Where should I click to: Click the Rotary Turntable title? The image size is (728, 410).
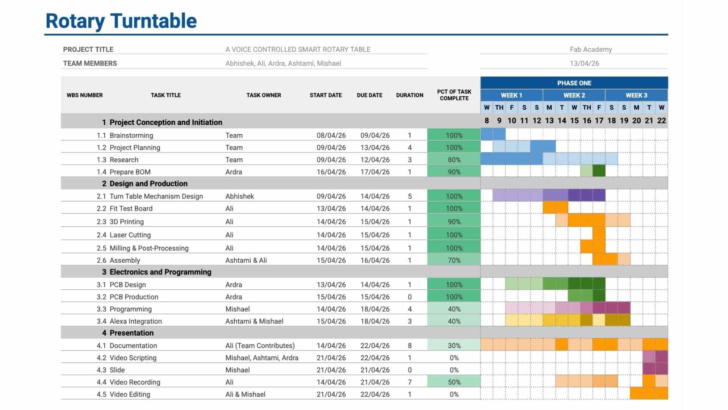tap(121, 21)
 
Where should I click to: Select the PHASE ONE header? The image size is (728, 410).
tap(574, 83)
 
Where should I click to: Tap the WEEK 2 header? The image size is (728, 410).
tap(574, 95)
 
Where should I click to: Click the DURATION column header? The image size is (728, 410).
tap(409, 95)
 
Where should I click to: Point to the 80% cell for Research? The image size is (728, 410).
tap(453, 160)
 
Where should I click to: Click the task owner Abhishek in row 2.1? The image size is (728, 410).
tap(240, 196)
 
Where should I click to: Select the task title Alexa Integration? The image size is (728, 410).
tap(135, 321)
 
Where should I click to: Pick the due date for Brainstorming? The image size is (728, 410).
tap(375, 136)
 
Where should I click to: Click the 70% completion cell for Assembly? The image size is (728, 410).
tap(453, 260)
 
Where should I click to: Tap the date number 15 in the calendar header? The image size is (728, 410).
tap(574, 121)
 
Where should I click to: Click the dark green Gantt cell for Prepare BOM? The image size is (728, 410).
tap(599, 171)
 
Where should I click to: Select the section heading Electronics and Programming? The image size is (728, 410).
tap(160, 272)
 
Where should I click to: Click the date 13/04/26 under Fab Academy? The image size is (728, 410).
tap(584, 63)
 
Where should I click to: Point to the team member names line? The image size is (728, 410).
tap(283, 63)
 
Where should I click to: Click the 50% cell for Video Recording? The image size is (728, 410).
tap(453, 382)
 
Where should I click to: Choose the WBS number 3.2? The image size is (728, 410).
tap(101, 297)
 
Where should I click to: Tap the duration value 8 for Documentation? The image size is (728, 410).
tap(409, 345)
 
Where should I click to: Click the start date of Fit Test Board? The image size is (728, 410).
tap(331, 208)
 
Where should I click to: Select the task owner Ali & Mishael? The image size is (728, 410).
tap(245, 394)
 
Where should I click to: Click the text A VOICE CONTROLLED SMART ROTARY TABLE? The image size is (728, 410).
tap(298, 49)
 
